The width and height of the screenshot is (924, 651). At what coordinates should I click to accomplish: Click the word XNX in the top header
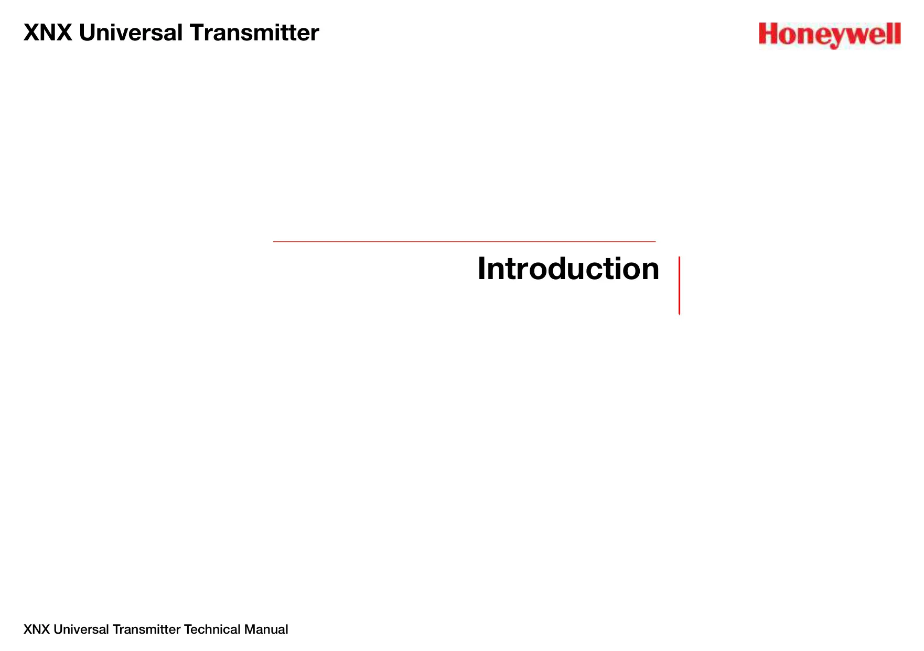tap(48, 33)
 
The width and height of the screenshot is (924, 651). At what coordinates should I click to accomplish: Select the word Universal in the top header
tap(131, 33)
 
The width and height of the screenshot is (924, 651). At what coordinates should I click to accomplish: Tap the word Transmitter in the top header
tap(254, 33)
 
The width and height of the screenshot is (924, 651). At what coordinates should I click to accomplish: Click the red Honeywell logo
tap(830, 35)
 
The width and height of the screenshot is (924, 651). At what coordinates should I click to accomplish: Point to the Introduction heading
tap(568, 269)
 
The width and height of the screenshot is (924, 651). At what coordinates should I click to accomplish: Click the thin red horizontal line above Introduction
tap(464, 241)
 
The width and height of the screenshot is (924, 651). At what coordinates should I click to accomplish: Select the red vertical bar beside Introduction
tap(679, 286)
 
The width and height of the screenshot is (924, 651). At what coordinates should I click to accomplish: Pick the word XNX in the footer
tap(37, 629)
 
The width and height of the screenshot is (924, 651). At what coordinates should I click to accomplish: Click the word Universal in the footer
tap(81, 629)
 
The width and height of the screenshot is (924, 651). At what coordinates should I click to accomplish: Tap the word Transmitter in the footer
tap(147, 629)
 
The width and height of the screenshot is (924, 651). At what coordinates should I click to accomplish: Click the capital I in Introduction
tap(481, 269)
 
